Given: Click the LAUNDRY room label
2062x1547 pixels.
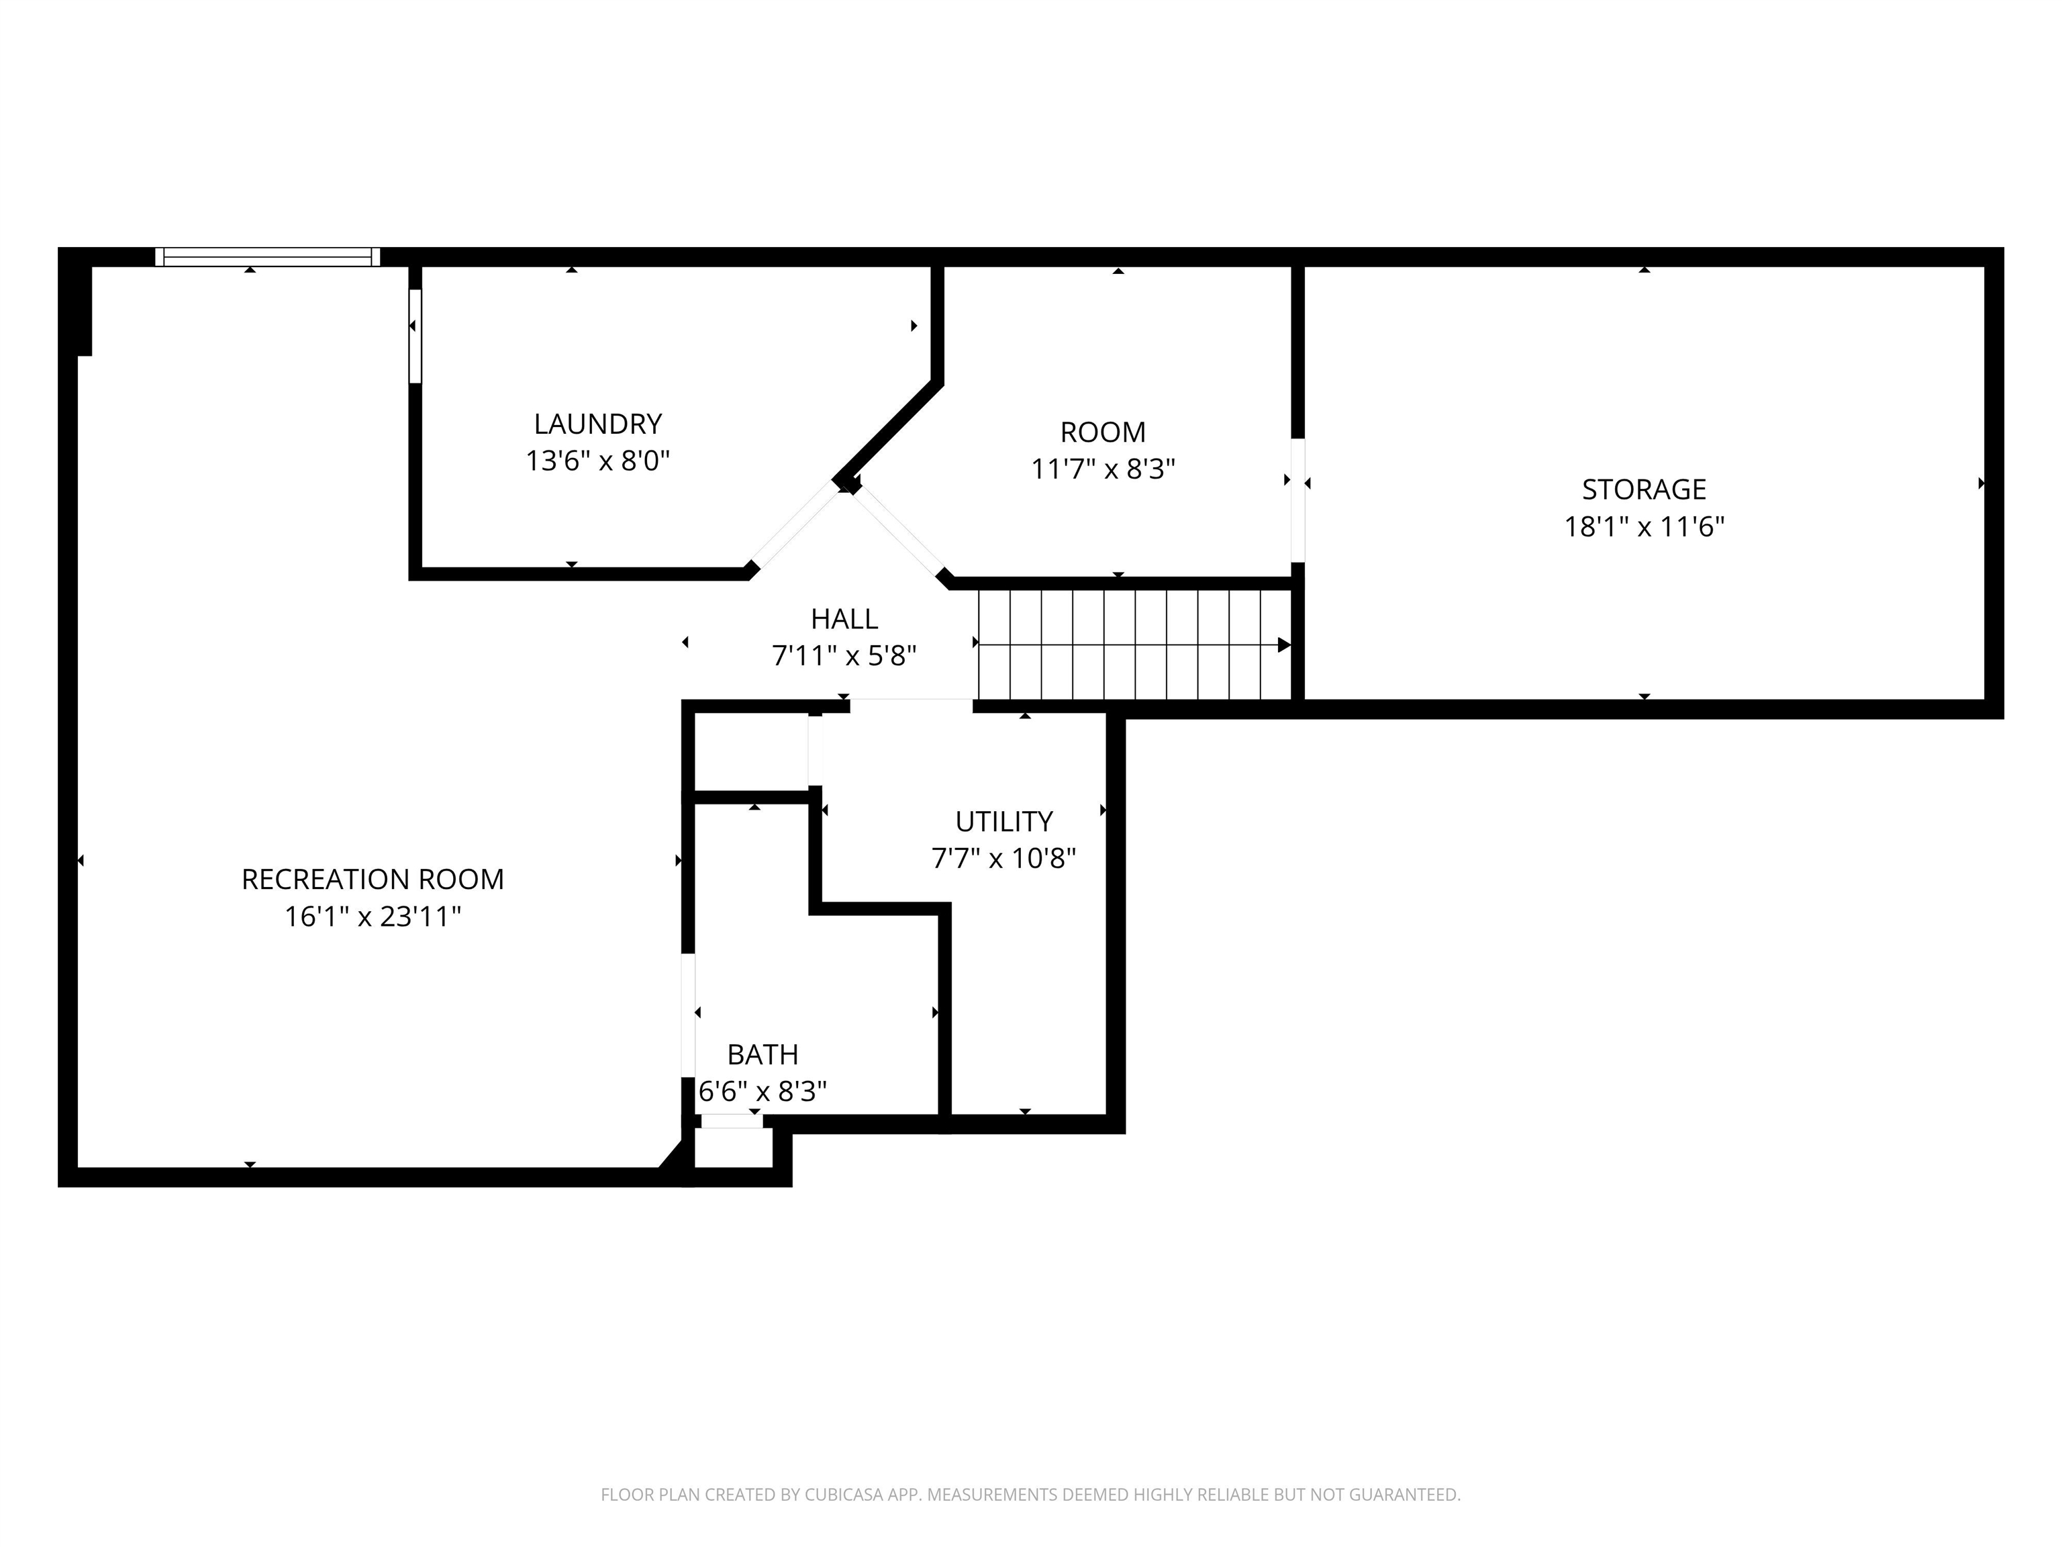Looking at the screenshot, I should point(597,424).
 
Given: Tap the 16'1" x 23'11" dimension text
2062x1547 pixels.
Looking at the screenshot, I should point(373,917).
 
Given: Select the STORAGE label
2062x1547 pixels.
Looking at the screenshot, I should point(1643,489).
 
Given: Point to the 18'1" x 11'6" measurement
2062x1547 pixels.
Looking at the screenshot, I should point(1643,527).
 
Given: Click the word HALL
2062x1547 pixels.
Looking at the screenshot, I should point(844,619).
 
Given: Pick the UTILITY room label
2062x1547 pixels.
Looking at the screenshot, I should point(1004,822).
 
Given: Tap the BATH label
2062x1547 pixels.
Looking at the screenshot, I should point(763,1055).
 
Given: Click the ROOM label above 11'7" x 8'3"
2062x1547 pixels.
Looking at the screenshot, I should point(1103,432).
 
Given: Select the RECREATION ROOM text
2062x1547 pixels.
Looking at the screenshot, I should point(373,880).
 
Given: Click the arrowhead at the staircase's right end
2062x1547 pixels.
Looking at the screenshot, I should point(1283,645).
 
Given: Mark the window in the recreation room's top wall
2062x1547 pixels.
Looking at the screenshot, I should point(268,256).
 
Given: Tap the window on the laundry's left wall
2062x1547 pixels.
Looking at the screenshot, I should point(415,336).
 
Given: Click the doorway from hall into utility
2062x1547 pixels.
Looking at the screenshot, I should point(911,706).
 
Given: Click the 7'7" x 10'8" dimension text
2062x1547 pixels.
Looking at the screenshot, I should point(1004,859).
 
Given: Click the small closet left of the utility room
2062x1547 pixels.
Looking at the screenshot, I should point(751,753).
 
